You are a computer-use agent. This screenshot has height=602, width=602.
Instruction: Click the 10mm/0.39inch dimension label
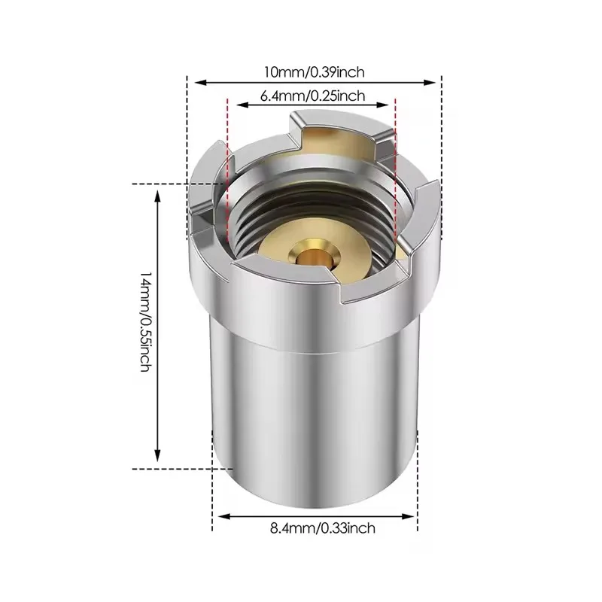pos(314,72)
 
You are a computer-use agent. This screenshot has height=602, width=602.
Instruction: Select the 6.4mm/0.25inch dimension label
pos(312,96)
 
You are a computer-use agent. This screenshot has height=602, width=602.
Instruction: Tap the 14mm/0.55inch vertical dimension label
pos(146,322)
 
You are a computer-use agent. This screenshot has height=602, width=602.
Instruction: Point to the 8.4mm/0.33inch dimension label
pos(323,528)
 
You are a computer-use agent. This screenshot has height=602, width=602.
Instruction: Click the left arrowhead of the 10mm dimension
pos(201,82)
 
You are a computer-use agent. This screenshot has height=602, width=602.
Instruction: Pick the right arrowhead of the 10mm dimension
pos(429,82)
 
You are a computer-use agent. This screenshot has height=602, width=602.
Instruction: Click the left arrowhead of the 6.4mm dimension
pos(242,105)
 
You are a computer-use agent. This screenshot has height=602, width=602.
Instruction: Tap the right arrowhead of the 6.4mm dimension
pos(383,105)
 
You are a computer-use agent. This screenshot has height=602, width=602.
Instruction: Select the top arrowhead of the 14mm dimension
pos(157,196)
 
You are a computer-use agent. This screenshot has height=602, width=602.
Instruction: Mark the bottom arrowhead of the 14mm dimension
pos(157,455)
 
